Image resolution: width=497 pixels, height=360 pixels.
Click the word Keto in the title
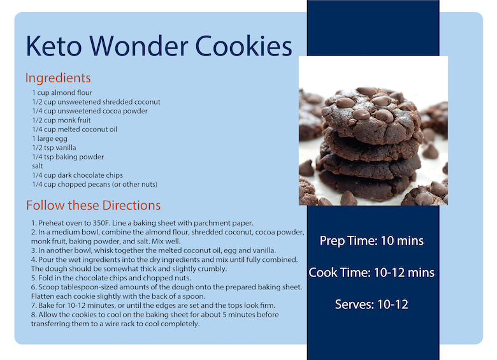pos(54,46)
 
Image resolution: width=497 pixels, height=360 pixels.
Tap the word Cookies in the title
pos(243,46)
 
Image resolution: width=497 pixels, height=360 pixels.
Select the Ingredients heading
pos(58,78)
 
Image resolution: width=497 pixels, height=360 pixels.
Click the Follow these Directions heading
pos(94,205)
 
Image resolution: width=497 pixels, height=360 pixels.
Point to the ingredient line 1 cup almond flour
pos(62,92)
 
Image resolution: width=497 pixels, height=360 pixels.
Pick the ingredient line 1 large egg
pos(50,139)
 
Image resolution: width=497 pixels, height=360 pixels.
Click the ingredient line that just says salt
pos(38,166)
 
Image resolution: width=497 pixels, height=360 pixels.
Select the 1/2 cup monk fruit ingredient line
pos(62,120)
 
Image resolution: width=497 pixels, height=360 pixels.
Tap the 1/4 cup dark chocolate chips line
pos(77,175)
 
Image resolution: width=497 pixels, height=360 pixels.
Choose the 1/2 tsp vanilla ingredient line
pos(54,148)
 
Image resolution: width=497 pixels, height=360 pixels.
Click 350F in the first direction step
pos(101,223)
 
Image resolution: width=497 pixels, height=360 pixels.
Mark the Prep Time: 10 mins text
pos(371,241)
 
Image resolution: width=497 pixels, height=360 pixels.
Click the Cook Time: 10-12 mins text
pos(371,273)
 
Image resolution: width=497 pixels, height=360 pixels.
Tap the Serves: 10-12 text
pos(371,305)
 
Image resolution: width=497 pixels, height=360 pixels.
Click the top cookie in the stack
pos(371,114)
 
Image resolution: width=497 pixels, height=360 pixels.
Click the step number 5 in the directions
pos(34,278)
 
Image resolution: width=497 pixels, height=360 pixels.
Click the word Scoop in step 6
pos(48,287)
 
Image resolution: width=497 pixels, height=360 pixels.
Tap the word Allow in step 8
pos(48,315)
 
